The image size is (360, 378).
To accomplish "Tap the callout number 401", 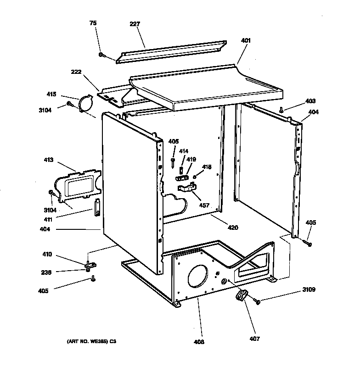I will pos(246,40).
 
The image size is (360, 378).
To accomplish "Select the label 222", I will pos(76,72).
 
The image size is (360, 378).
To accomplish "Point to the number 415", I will pos(51,94).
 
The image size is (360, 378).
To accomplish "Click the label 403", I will pos(310,101).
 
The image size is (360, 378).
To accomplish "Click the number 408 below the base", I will pos(199,342).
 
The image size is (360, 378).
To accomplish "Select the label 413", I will pos(48,160).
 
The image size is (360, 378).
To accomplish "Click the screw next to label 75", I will pos(101,55).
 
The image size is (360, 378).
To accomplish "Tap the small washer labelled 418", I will pos(195,177).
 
